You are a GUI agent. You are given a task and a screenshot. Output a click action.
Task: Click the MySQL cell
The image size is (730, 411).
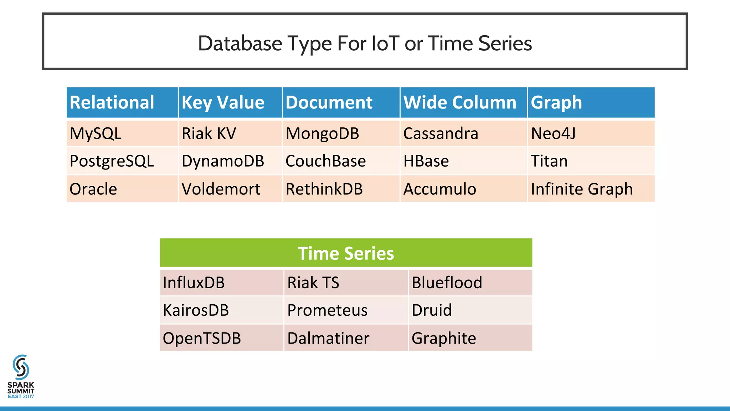click(x=96, y=134)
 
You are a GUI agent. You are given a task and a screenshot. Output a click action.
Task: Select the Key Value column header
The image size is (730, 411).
click(x=223, y=103)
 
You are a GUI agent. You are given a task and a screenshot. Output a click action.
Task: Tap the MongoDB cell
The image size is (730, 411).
click(x=322, y=134)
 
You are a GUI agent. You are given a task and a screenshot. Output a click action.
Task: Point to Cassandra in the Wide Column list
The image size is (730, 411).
click(x=441, y=134)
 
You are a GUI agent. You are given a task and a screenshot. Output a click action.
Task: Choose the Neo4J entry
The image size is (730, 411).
click(x=553, y=134)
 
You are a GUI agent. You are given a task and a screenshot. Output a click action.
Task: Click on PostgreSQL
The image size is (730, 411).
click(x=112, y=161)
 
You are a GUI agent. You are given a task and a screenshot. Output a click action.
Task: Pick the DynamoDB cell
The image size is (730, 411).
click(x=223, y=161)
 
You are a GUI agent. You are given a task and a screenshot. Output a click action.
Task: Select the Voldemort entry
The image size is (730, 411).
click(x=221, y=189)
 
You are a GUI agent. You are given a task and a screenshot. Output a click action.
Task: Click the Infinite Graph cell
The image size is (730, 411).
click(x=582, y=189)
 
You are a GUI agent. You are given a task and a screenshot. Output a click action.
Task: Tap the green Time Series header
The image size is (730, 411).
click(x=346, y=253)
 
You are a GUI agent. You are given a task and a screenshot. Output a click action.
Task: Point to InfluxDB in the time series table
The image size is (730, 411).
click(x=194, y=283)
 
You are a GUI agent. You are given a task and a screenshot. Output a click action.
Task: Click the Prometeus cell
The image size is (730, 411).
click(x=327, y=310)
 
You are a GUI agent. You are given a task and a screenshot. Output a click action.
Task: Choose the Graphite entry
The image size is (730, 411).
click(x=444, y=338)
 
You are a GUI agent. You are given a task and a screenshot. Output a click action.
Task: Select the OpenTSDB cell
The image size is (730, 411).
click(x=202, y=338)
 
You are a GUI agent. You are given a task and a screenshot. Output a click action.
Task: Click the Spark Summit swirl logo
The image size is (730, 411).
click(x=21, y=367)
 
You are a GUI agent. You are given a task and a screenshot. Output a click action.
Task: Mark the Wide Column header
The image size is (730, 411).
click(x=460, y=103)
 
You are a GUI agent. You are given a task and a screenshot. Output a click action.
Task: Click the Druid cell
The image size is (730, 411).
click(x=432, y=310)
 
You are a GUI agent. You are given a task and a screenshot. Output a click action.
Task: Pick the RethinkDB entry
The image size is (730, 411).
click(x=324, y=189)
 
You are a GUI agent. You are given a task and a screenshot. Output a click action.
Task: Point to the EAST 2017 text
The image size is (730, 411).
click(x=21, y=396)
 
